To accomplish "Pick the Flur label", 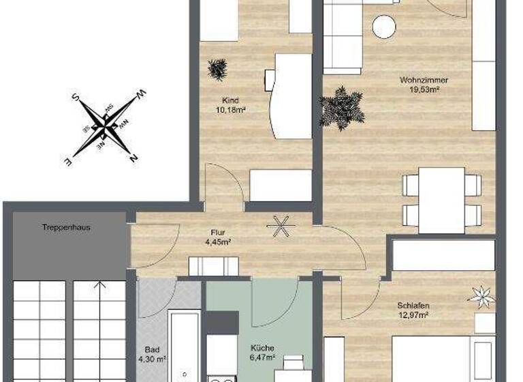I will coord(218,232).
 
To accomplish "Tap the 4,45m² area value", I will coord(218,241).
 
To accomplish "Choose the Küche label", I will coord(261,347).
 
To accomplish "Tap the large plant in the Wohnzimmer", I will coord(341,107).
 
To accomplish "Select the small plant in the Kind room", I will coord(219,69).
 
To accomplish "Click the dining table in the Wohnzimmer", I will coord(441,200).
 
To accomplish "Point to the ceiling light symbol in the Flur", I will coord(279,226).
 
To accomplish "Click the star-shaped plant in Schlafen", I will coord(481,295).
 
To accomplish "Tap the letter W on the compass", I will coord(141,94).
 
